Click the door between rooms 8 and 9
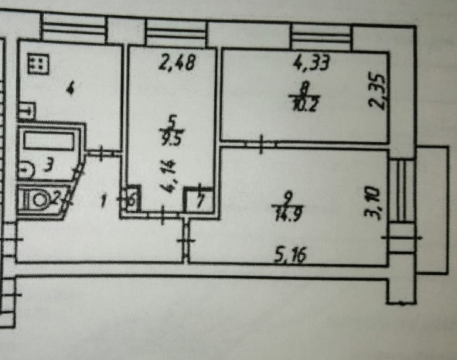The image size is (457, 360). pyautogui.click(x=262, y=145)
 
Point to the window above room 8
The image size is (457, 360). pyautogui.click(x=321, y=38)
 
